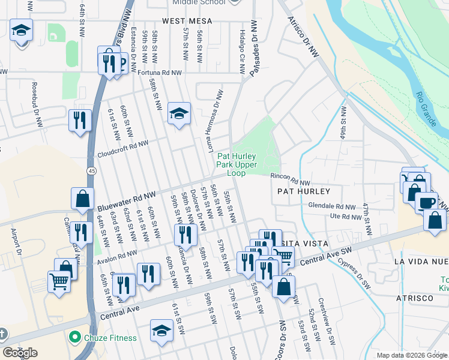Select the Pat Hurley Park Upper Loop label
237,164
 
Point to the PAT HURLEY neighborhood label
304,191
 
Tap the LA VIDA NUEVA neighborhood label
420,262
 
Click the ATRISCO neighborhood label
414,298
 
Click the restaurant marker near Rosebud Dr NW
79,120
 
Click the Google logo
20,352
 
